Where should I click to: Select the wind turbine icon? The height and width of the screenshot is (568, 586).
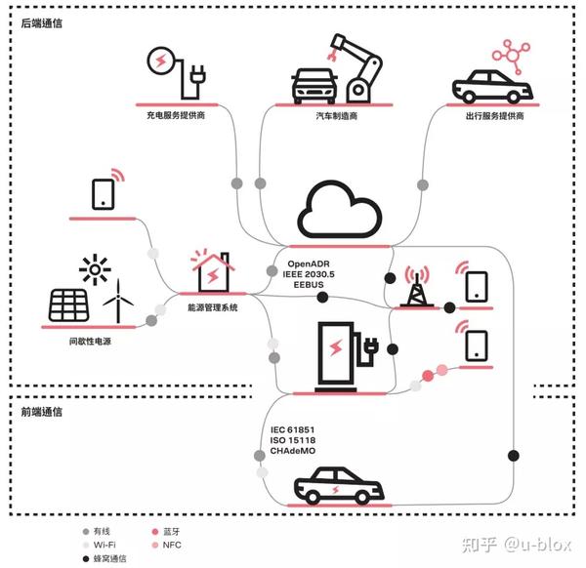click(x=116, y=300)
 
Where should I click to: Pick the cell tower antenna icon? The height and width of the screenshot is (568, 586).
click(x=414, y=283)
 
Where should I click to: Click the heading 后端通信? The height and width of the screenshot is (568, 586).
click(x=42, y=22)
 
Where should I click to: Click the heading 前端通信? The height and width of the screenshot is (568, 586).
click(x=42, y=412)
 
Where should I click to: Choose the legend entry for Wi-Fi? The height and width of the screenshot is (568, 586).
click(x=105, y=546)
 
